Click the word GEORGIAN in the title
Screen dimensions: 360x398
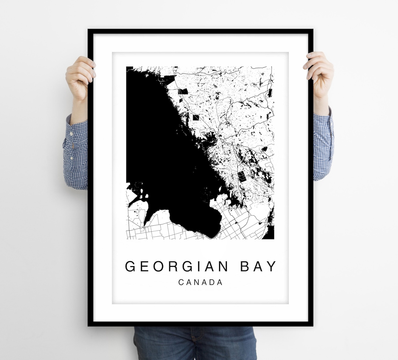pos(178,266)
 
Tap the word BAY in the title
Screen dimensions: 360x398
pos(258,266)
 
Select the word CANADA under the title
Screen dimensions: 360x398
pos(200,283)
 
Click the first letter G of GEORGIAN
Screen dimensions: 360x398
pos(131,266)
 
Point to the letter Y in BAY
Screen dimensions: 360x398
pos(271,266)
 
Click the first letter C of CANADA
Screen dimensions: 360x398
pos(181,283)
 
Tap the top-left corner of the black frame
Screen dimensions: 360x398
pos(89,30)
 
